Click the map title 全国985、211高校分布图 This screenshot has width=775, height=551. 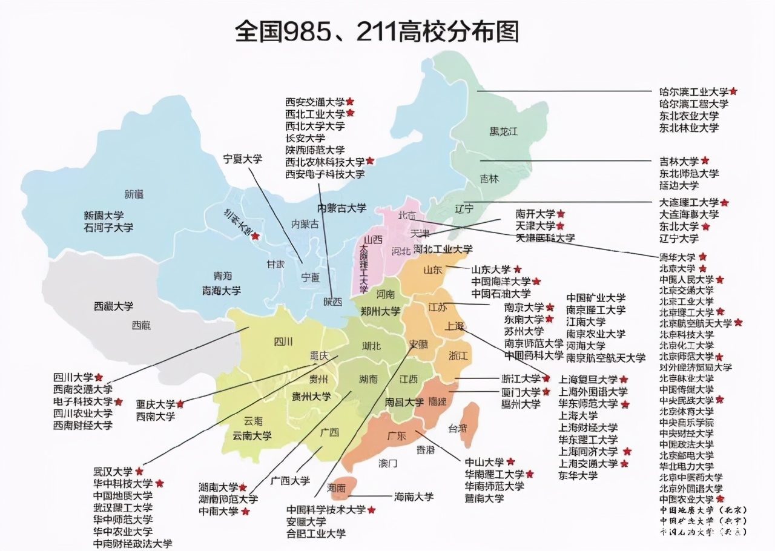tap(377, 31)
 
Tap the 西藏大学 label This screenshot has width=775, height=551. tap(113, 306)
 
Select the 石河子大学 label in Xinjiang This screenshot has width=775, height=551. tap(108, 228)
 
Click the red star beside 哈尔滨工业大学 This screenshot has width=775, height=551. tap(733, 91)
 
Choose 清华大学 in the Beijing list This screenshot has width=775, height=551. tap(678, 257)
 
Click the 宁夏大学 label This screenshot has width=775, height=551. tap(243, 159)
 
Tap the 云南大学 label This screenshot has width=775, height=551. tap(252, 435)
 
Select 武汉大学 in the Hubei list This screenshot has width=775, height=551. tap(113, 471)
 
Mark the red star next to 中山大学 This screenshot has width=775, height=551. tap(510, 462)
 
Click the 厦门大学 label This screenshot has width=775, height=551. tap(520, 392)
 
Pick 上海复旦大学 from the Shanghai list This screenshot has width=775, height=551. tap(588, 380)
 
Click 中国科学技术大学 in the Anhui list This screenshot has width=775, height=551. tap(326, 510)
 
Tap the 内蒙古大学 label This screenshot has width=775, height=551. tap(342, 208)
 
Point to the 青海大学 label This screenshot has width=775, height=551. tap(221, 291)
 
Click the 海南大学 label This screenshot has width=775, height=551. tap(414, 497)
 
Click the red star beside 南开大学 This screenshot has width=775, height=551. tap(561, 214)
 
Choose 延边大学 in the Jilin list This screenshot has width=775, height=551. tap(679, 185)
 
